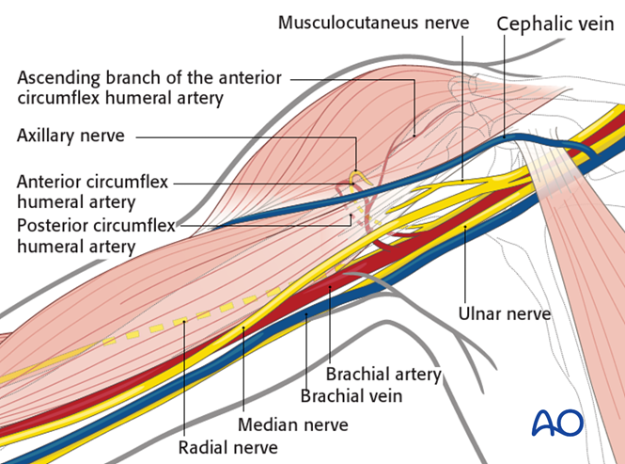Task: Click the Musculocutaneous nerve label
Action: [373, 21]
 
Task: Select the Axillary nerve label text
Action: [70, 136]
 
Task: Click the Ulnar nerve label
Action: [504, 312]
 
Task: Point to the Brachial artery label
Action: [383, 375]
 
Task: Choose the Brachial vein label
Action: [351, 396]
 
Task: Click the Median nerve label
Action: [292, 425]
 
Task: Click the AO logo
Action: [557, 423]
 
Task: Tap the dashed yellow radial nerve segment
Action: [188, 321]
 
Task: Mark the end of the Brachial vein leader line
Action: [307, 316]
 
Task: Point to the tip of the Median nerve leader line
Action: [243, 326]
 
